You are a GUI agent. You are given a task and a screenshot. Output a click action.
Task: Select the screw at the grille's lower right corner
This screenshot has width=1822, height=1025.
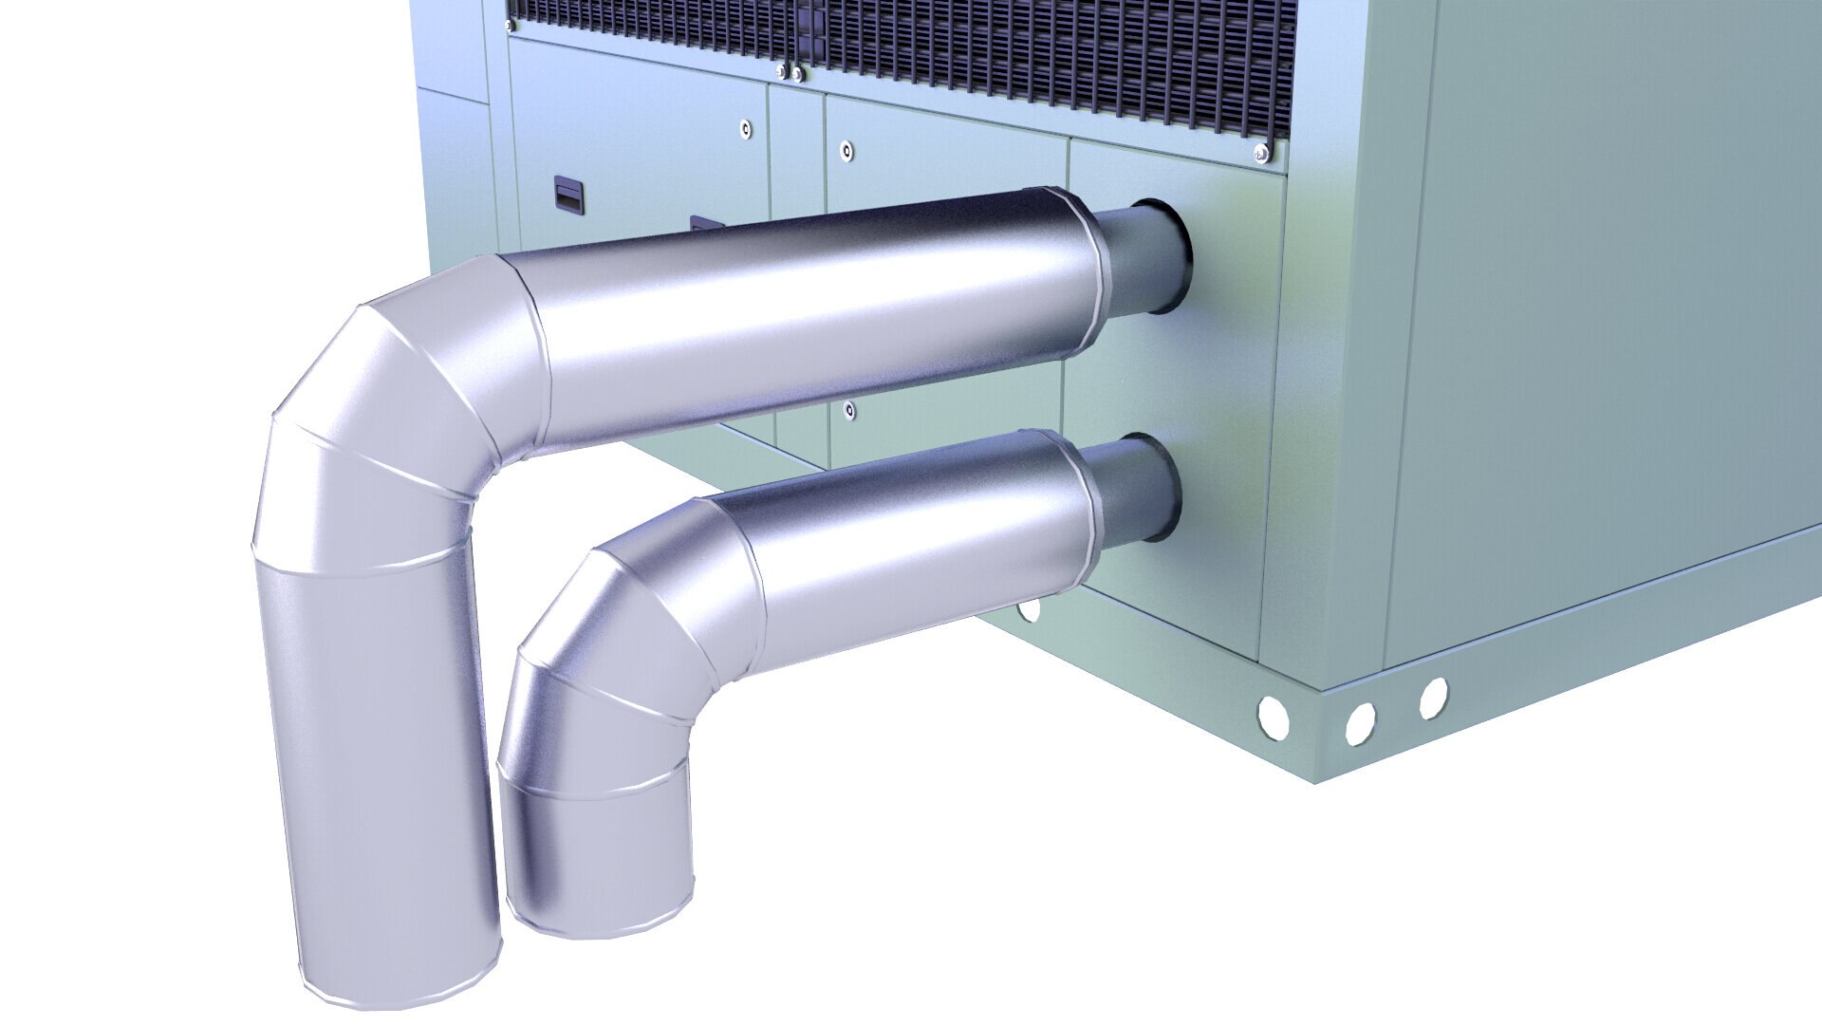point(1260,152)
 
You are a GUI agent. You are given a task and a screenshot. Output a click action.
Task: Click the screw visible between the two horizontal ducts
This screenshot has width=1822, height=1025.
point(848,410)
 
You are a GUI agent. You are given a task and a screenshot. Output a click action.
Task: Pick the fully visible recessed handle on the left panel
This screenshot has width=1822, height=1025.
point(568,194)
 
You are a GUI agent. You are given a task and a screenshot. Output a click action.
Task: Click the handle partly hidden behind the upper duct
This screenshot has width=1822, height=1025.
point(705,224)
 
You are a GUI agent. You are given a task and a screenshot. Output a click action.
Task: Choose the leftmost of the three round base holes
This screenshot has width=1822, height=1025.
point(1271,717)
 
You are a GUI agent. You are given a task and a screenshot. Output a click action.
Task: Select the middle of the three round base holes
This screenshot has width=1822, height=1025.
point(1360,723)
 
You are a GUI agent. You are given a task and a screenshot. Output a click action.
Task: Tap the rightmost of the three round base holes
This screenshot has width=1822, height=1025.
point(1433,698)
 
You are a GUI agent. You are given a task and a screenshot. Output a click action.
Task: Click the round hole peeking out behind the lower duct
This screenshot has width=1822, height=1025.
point(1029,609)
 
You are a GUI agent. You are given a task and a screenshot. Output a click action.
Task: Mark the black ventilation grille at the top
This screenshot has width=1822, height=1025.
point(949,47)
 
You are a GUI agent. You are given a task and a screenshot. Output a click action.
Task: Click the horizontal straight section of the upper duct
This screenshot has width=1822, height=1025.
point(807,313)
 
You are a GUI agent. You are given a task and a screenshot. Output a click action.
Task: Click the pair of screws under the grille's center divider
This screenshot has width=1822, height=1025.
point(789,71)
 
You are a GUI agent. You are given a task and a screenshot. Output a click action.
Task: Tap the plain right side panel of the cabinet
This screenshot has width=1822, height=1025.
point(1594,332)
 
